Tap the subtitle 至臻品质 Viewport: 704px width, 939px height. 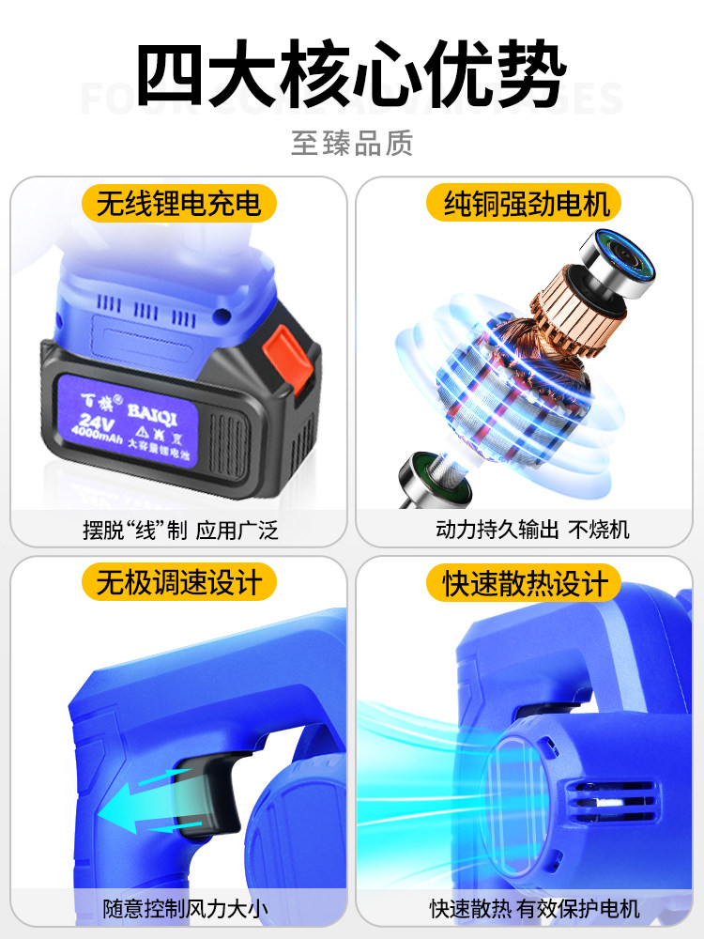352,143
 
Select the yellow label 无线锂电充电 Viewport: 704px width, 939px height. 178,203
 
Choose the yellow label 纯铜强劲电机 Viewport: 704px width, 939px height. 526,203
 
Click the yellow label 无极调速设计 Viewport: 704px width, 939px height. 178,581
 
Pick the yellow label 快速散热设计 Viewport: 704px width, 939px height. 526,583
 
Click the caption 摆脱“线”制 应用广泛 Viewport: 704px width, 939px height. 178,530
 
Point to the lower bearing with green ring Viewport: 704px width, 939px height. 423,474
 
